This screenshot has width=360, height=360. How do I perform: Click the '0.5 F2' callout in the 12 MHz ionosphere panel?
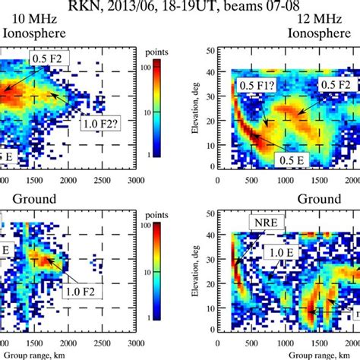(333, 84)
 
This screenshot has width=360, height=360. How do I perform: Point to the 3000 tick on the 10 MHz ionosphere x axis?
(136, 179)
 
